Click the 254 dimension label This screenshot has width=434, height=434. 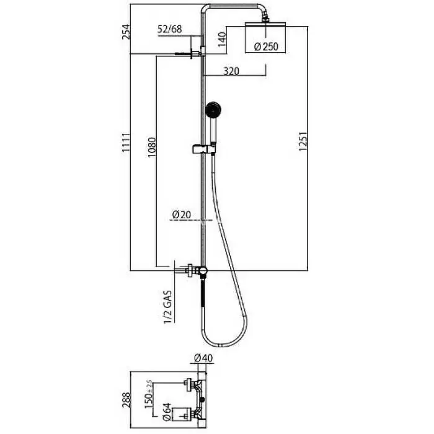tap(126, 32)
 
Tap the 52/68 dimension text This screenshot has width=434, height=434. tap(170, 29)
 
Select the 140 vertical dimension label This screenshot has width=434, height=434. tap(222, 40)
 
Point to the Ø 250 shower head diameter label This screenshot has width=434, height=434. tap(266, 46)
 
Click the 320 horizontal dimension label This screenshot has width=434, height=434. tap(231, 71)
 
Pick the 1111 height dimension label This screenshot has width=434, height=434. tap(126, 142)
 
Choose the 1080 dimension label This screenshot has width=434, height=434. tap(152, 148)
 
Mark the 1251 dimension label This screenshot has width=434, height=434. tap(303, 141)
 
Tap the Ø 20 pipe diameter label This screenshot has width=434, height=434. tap(182, 215)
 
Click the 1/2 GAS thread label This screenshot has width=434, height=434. tap(168, 307)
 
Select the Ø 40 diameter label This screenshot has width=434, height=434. tap(203, 358)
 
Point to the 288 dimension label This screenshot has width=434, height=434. tap(126, 400)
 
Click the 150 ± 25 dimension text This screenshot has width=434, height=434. tap(148, 394)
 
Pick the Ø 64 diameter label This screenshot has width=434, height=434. tap(167, 412)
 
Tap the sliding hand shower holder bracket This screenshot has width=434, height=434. tap(203, 149)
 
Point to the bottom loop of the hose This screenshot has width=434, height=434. tap(224, 344)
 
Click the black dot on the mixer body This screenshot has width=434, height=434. tap(203, 399)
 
